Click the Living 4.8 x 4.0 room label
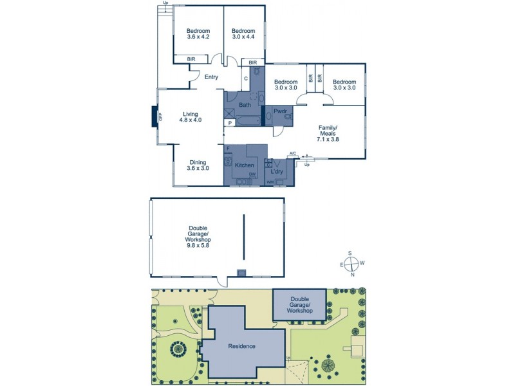click(x=190, y=117)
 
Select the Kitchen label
click(x=244, y=165)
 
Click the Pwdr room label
click(x=280, y=111)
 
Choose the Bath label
click(x=245, y=105)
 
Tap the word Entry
click(x=211, y=77)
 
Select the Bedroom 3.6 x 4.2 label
click(x=198, y=34)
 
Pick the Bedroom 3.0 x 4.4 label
click(x=243, y=34)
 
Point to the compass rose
click(x=351, y=264)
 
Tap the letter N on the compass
click(x=353, y=275)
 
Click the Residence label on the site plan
click(x=242, y=346)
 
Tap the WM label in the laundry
click(x=270, y=183)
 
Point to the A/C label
click(x=293, y=153)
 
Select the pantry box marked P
click(x=229, y=122)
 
